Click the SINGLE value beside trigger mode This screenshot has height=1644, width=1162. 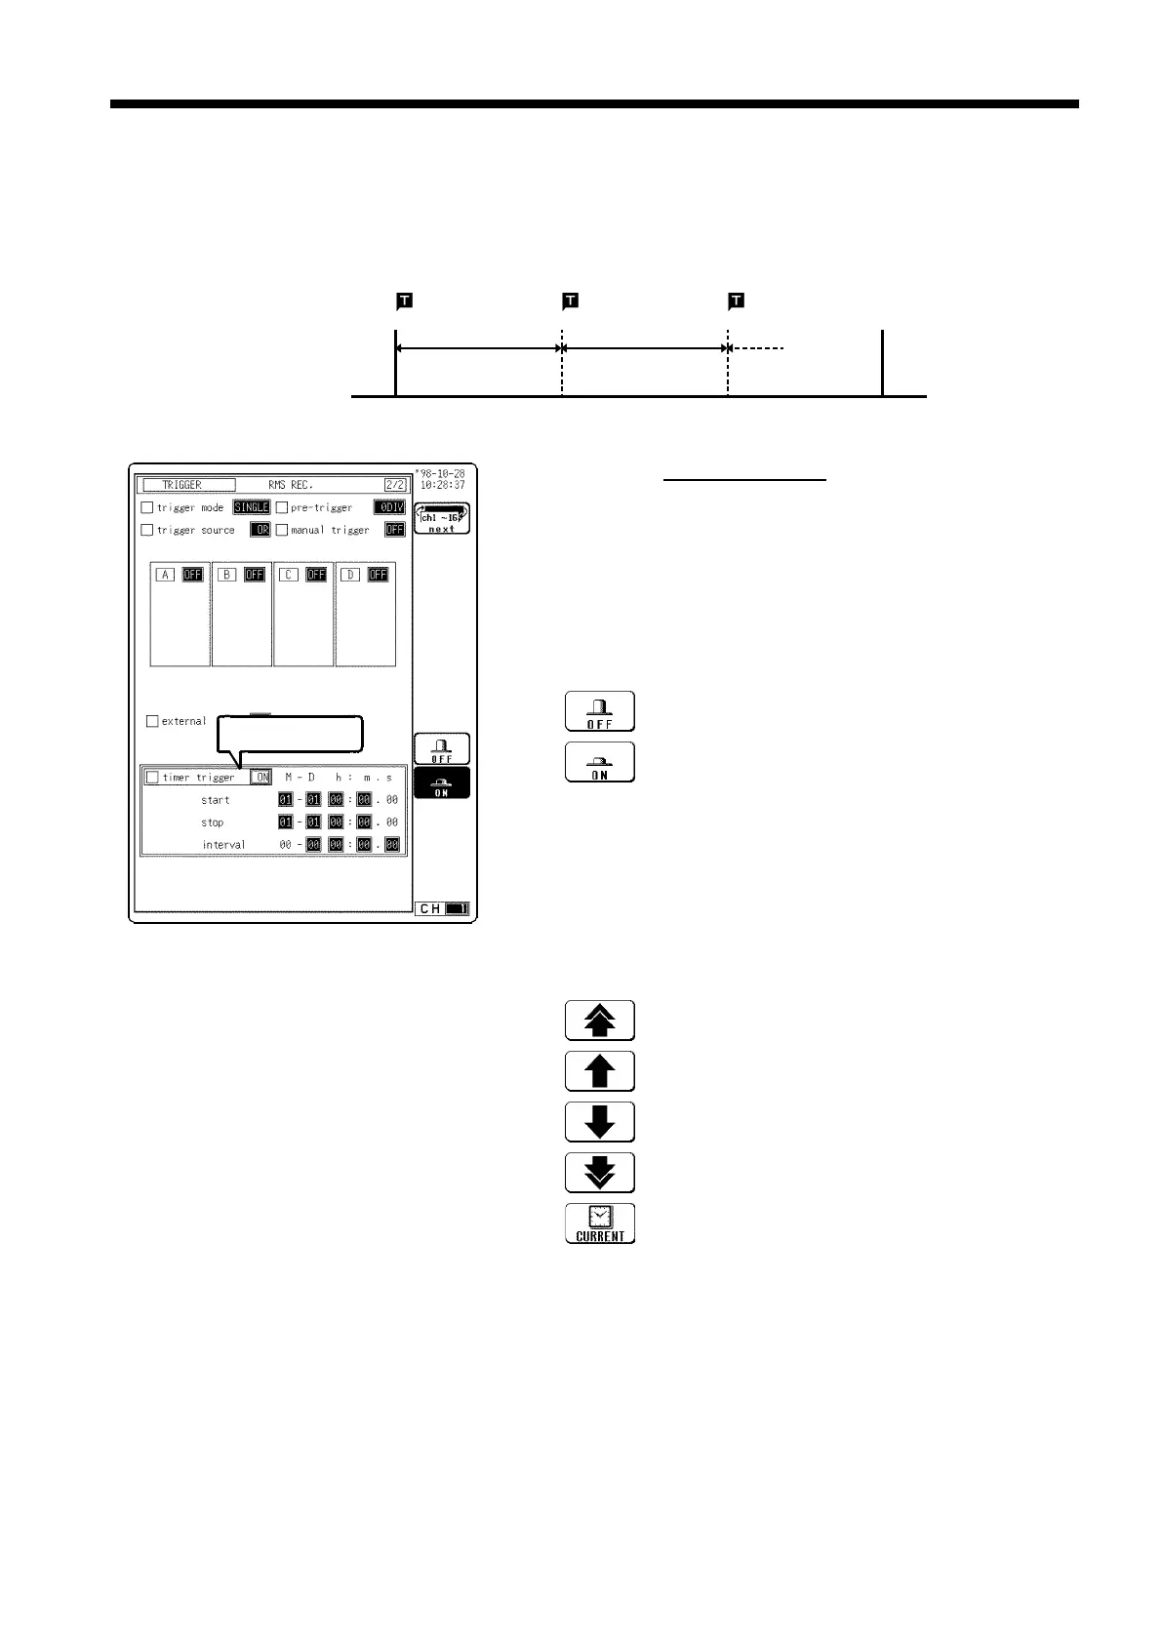pyautogui.click(x=251, y=507)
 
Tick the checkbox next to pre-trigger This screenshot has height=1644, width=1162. pyautogui.click(x=282, y=507)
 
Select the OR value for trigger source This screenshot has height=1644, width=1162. pyautogui.click(x=260, y=530)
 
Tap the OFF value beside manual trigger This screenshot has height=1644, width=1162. pyautogui.click(x=394, y=530)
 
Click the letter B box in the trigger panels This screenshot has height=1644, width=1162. pyautogui.click(x=227, y=575)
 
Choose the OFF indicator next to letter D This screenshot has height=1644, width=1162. pyautogui.click(x=378, y=575)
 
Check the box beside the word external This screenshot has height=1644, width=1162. pyautogui.click(x=152, y=721)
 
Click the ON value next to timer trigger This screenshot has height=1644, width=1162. pyautogui.click(x=260, y=778)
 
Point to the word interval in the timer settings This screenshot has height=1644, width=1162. pyautogui.click(x=223, y=845)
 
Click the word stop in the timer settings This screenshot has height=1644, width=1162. pyautogui.click(x=212, y=822)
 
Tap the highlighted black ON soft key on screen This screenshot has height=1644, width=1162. pyautogui.click(x=442, y=783)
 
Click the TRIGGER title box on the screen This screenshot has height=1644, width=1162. pyautogui.click(x=188, y=485)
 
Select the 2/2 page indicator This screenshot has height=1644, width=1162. pyautogui.click(x=394, y=485)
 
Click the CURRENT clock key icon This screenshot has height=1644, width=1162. pyautogui.click(x=600, y=1223)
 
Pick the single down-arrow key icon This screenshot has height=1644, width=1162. pyautogui.click(x=600, y=1122)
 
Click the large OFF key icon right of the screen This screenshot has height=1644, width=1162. pyautogui.click(x=600, y=711)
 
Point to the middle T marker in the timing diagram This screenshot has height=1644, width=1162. pyautogui.click(x=571, y=301)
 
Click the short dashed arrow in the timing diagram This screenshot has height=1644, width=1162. pyautogui.click(x=757, y=348)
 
